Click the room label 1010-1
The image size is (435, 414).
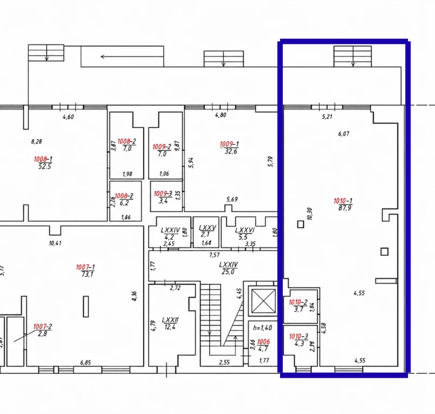[343, 201]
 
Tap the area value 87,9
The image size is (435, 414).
[345, 208]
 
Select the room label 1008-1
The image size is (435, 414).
[43, 159]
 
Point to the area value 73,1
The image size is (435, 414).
[88, 274]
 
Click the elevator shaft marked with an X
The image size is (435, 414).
[264, 301]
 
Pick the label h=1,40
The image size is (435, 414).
[263, 328]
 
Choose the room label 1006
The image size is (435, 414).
[263, 342]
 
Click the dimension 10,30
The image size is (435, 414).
[309, 214]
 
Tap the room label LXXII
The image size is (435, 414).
[170, 320]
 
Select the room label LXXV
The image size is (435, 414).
[207, 228]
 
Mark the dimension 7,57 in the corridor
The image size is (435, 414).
[214, 255]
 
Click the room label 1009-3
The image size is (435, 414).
[163, 194]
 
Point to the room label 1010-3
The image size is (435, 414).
[299, 337]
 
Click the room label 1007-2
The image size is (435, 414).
[42, 326]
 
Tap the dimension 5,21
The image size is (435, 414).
[327, 116]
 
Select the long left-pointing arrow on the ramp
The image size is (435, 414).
[132, 57]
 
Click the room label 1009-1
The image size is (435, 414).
[229, 144]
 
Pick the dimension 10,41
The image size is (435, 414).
[55, 243]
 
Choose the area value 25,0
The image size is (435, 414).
[228, 271]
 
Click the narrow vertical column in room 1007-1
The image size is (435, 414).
[86, 306]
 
